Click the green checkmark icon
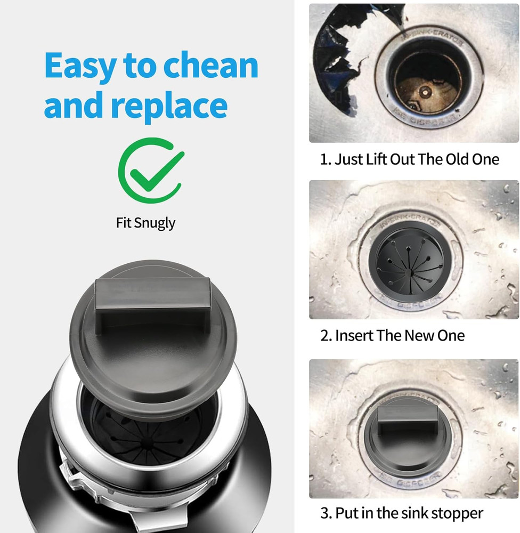click(150, 171)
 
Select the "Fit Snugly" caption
click(145, 222)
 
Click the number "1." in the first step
click(325, 159)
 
